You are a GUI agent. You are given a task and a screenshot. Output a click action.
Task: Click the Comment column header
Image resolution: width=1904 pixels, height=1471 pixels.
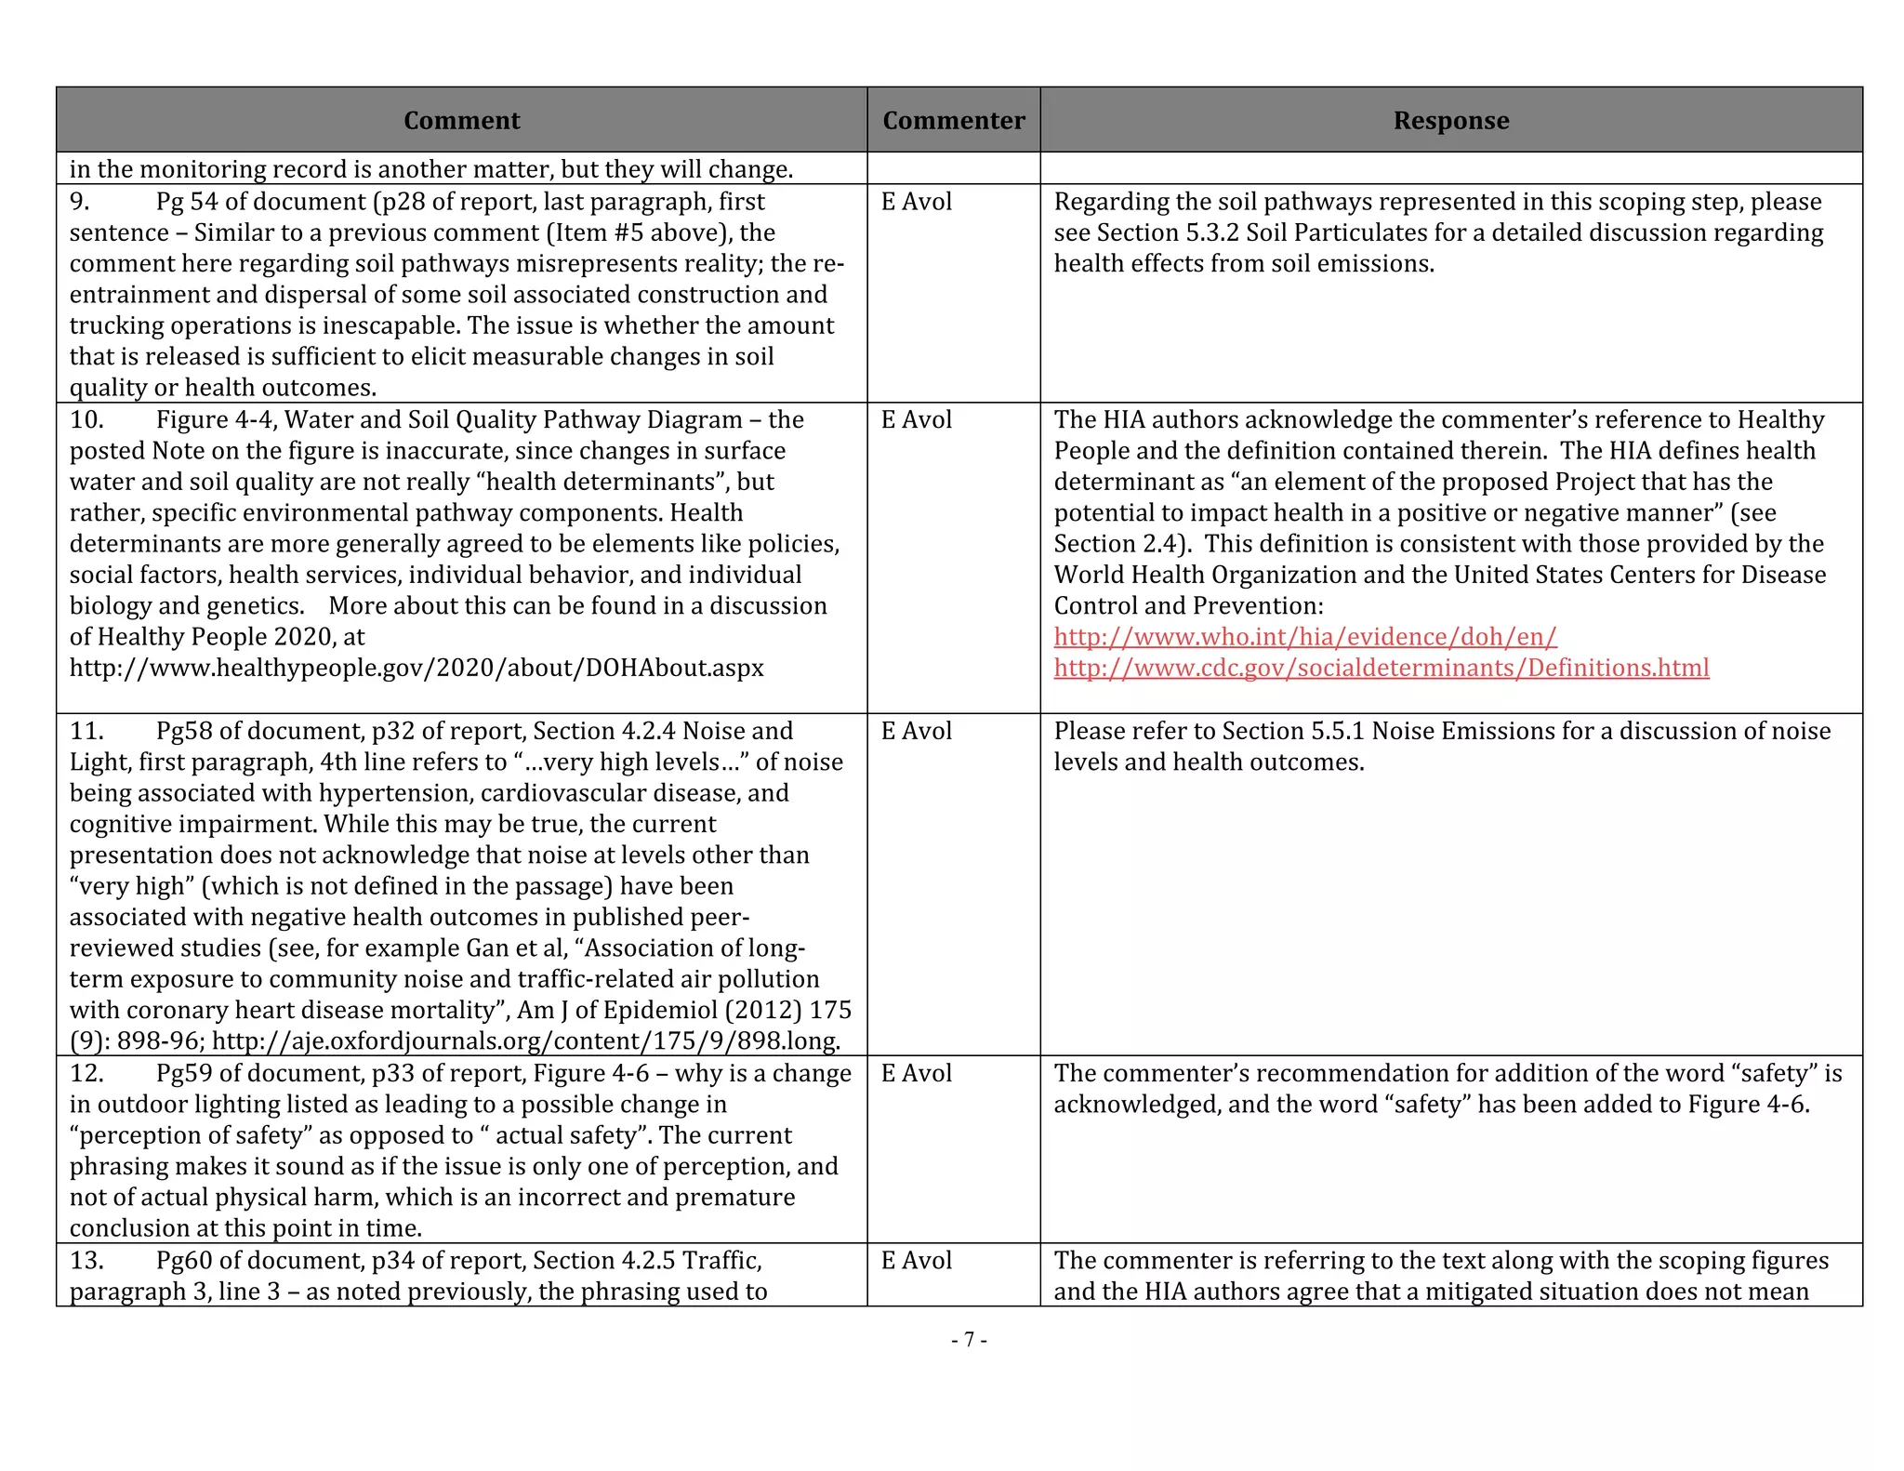461,121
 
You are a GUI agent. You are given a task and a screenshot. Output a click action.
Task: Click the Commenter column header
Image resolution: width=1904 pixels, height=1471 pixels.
953,121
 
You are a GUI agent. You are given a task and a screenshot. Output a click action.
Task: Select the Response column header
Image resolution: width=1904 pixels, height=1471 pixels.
1450,121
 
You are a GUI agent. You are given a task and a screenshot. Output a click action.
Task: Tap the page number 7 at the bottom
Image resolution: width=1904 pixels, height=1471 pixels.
969,1339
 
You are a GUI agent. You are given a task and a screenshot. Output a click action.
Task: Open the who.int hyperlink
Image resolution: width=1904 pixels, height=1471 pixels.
1304,637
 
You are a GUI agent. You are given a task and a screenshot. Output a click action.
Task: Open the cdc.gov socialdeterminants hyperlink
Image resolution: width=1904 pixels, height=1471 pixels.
1381,668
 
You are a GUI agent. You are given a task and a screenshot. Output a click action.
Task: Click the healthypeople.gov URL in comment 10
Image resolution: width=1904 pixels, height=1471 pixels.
416,668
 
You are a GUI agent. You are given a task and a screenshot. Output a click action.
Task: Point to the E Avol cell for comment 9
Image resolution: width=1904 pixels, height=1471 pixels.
917,202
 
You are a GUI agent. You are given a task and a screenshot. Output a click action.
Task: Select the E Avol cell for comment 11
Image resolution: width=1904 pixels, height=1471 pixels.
917,731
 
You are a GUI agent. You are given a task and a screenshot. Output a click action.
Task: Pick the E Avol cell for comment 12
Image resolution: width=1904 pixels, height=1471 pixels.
917,1073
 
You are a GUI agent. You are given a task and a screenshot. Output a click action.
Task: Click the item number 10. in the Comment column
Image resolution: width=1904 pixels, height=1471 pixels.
86,419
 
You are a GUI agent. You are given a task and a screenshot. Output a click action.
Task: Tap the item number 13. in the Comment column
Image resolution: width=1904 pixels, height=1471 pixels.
86,1260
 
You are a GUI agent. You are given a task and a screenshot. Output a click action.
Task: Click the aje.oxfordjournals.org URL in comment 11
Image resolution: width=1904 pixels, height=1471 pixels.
526,1041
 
